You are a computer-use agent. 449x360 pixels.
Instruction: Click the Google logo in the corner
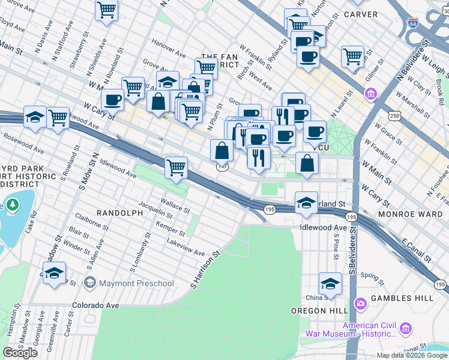20,353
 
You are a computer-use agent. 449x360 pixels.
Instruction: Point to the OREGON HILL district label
316,311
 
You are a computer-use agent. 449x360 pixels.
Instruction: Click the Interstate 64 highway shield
413,23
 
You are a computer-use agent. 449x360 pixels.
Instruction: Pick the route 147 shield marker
222,167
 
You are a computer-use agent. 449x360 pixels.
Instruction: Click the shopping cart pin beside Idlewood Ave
176,168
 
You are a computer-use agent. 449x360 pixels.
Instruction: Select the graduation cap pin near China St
330,283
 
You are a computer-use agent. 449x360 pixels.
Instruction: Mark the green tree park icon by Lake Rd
11,206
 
